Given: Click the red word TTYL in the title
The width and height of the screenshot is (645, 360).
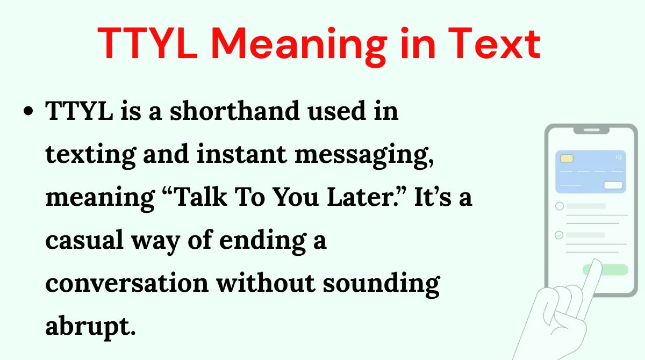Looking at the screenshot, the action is tap(148, 43).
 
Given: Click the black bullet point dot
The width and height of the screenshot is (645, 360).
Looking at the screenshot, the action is tap(28, 111).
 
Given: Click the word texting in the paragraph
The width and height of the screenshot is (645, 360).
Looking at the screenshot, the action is tap(91, 155).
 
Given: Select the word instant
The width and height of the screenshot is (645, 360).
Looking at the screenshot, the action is tap(242, 154).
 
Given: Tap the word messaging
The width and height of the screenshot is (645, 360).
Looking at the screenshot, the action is tap(364, 156).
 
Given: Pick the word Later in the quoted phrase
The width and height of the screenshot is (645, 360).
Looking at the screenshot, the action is tap(361, 197).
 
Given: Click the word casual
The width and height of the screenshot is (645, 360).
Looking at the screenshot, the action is tap(84, 240).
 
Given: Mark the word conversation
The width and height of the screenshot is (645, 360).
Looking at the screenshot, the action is tap(127, 283).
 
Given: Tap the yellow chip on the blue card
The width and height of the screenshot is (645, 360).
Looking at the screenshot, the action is tap(567, 159).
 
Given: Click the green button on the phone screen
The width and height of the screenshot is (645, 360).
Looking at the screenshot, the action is tap(605, 270).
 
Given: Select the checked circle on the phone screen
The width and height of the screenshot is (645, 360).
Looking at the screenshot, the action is tap(559, 235).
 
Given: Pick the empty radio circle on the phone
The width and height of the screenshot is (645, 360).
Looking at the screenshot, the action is tap(560, 206).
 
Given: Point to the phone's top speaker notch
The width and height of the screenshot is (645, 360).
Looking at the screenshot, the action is tap(591, 131).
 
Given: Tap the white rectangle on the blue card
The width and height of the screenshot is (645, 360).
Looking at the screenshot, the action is tap(613, 185).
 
